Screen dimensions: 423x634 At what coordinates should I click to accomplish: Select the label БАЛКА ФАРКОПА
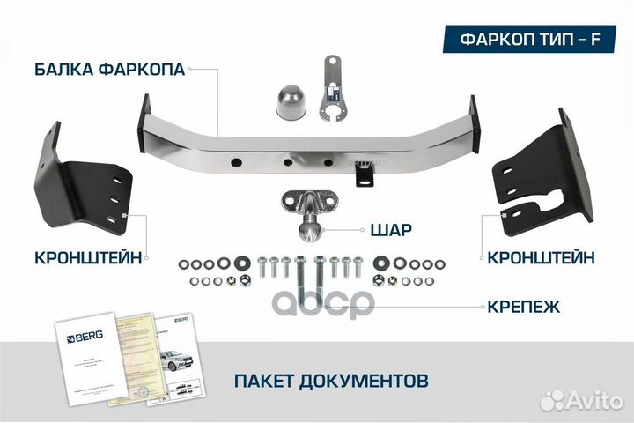coord(110,70)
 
